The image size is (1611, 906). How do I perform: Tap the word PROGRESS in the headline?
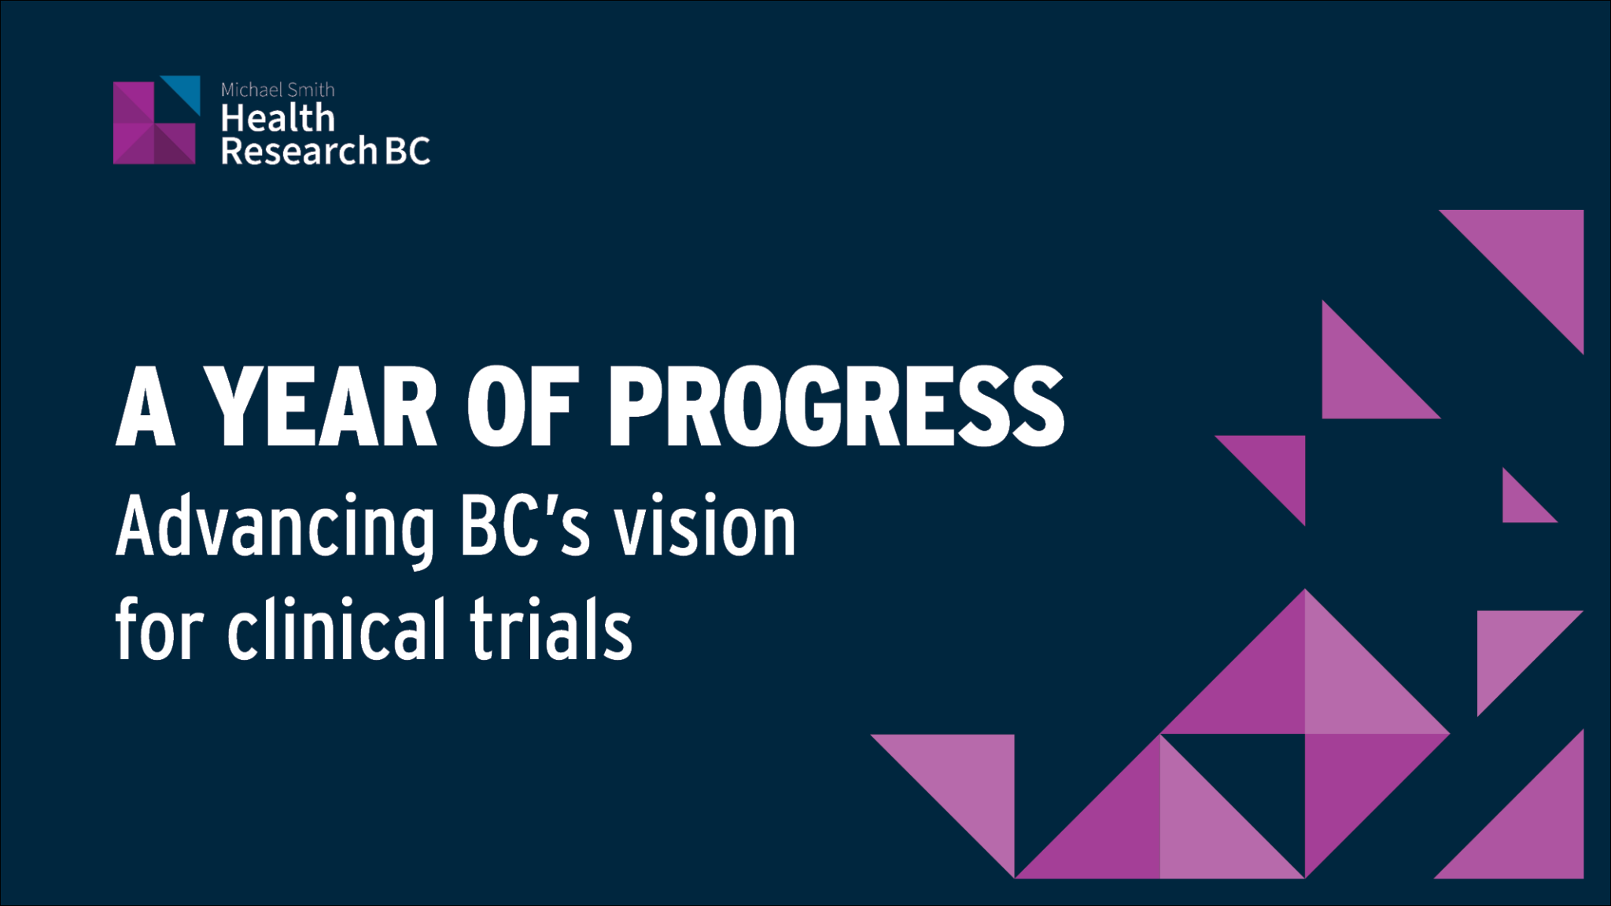(x=835, y=407)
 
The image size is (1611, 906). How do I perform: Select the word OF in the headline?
(x=522, y=407)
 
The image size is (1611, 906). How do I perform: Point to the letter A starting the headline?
(x=145, y=407)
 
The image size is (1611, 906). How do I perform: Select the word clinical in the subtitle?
(x=337, y=629)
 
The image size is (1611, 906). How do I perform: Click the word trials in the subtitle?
(x=551, y=629)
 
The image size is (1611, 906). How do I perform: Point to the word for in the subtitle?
(x=160, y=629)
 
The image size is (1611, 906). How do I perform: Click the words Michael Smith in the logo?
(x=278, y=90)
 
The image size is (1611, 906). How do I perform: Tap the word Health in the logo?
(x=278, y=119)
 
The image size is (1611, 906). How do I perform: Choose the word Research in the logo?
(x=299, y=151)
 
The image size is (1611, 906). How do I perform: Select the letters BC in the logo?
(x=407, y=151)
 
